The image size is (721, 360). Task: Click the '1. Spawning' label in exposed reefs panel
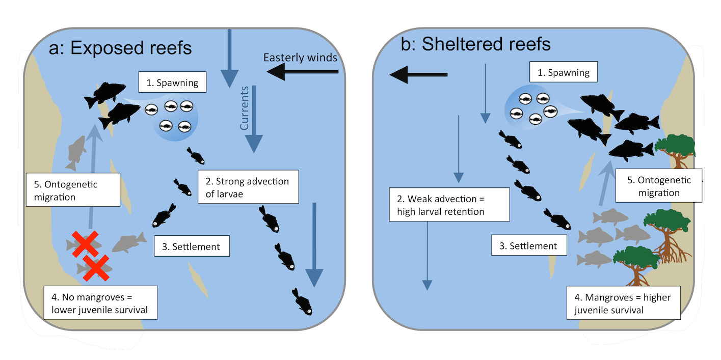(172, 82)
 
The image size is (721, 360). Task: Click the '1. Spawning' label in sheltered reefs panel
(564, 73)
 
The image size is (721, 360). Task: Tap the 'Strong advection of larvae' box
(247, 187)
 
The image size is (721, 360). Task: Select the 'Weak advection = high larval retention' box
(449, 204)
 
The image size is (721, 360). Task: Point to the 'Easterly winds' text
(300, 58)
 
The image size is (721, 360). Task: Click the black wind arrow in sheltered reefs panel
(418, 75)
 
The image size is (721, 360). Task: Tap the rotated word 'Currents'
(245, 107)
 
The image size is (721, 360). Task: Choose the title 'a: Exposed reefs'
(120, 48)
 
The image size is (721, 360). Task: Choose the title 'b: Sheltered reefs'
(476, 44)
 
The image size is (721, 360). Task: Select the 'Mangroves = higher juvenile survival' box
(624, 303)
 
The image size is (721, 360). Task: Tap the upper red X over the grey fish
(85, 243)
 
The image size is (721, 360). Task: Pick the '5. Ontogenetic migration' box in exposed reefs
(73, 190)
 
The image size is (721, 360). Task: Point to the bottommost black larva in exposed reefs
(302, 302)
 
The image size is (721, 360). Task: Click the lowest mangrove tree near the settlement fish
(635, 264)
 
